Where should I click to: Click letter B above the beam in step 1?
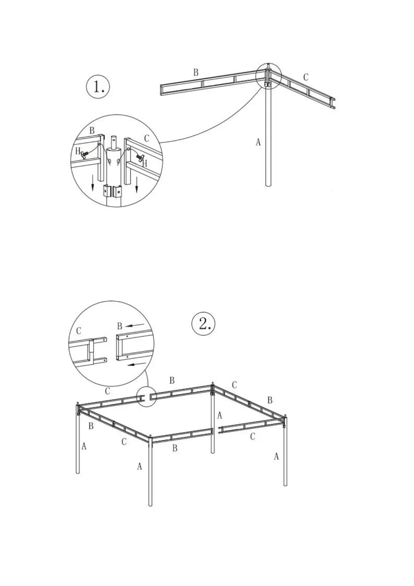click(196, 72)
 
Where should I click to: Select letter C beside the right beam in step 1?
click(306, 77)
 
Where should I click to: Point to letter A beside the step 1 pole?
click(258, 142)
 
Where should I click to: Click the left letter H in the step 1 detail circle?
click(78, 151)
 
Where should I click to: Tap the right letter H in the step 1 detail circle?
click(145, 163)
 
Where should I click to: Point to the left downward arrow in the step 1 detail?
click(92, 183)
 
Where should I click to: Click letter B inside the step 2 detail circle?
click(120, 326)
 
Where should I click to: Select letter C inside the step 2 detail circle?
click(79, 331)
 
